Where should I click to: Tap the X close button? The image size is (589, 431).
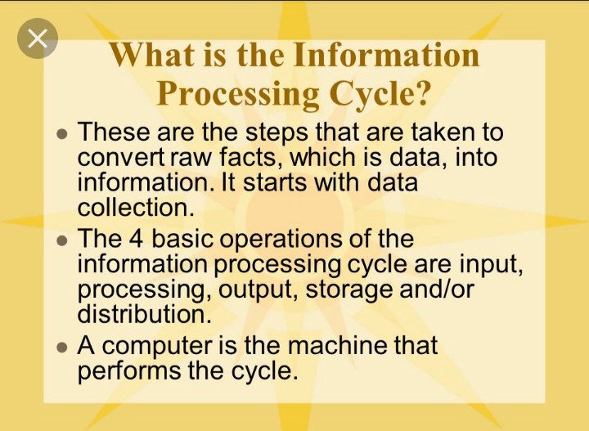38,38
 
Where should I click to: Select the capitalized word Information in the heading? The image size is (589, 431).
386,55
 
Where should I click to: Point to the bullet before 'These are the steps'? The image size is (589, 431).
62,133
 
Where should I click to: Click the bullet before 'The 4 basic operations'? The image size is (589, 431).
62,240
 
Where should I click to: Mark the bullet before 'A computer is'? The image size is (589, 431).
62,348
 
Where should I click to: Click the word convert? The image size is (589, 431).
121,157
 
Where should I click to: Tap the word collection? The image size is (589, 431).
136,207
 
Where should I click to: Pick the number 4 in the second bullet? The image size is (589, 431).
136,239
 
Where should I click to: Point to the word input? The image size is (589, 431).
491,265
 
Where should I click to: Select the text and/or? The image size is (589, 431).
437,289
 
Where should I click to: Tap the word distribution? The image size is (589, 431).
145,314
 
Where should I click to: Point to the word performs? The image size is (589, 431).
129,371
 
